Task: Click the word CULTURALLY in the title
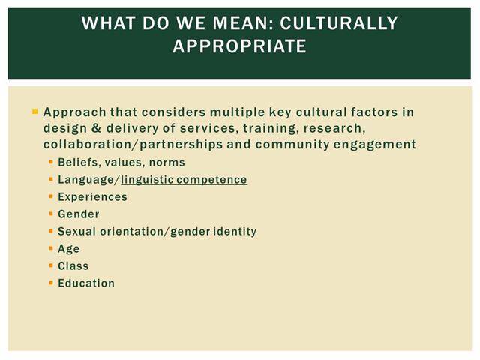tap(338, 23)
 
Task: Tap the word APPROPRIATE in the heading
tap(240, 46)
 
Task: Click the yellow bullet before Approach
tap(34, 112)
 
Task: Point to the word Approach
tap(75, 112)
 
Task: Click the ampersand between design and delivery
tap(96, 128)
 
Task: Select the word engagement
tap(375, 145)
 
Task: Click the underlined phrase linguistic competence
tap(184, 180)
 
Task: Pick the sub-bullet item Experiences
tap(92, 196)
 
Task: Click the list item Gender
tap(79, 214)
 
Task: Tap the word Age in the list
tap(69, 249)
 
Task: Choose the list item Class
tap(73, 265)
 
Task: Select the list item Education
tap(86, 283)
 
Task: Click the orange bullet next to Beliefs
tap(51, 162)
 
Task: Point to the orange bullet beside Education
tap(51, 283)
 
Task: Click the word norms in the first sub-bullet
tap(166, 163)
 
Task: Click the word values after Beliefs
tap(124, 163)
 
